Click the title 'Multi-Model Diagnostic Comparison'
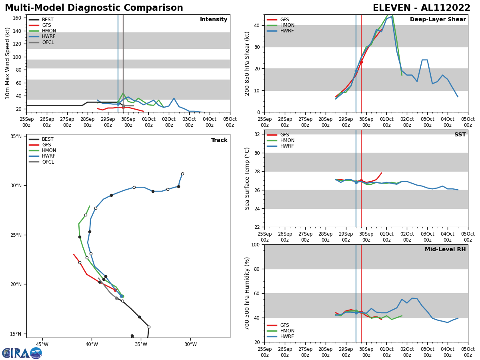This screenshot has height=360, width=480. [x=94, y=8]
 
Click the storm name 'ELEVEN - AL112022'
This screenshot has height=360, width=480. [x=422, y=8]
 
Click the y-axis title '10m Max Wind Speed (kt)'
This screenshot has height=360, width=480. [x=8, y=63]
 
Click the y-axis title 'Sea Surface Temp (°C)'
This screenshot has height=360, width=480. [x=247, y=178]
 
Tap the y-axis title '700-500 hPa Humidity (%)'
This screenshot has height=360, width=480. [x=247, y=293]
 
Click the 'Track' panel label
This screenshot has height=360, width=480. [x=219, y=140]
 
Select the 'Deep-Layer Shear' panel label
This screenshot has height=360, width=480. [x=438, y=20]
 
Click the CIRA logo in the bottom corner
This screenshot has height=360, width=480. [x=22, y=353]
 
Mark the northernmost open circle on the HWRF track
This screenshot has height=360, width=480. [x=182, y=174]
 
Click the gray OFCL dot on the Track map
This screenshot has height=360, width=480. [x=116, y=298]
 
